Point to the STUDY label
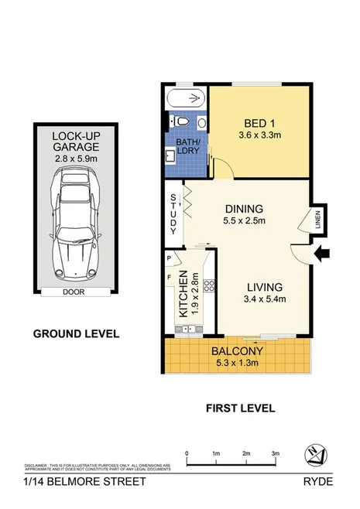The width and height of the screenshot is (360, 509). point(173,214)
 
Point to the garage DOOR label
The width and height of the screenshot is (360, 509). point(74,293)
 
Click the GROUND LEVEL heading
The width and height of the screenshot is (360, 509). point(75,334)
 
